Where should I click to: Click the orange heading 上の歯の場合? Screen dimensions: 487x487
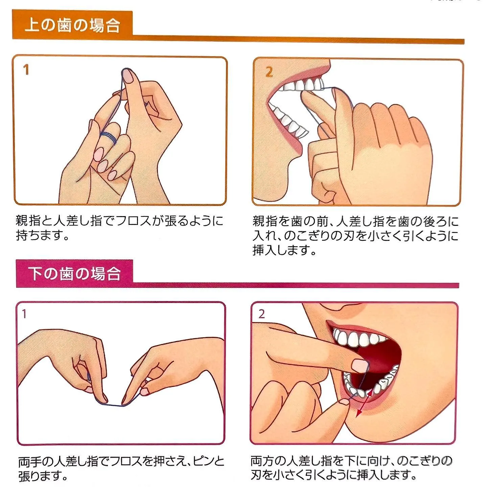click(x=72, y=25)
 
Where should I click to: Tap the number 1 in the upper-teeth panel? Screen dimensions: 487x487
click(x=26, y=70)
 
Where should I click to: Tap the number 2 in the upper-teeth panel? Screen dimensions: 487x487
click(x=269, y=72)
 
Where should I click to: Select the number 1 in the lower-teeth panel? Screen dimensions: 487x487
click(x=24, y=314)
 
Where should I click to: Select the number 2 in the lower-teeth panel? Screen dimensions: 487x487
click(x=261, y=314)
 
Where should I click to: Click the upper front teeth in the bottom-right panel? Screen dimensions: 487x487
click(x=358, y=339)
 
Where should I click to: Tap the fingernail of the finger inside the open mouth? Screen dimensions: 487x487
click(x=360, y=365)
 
